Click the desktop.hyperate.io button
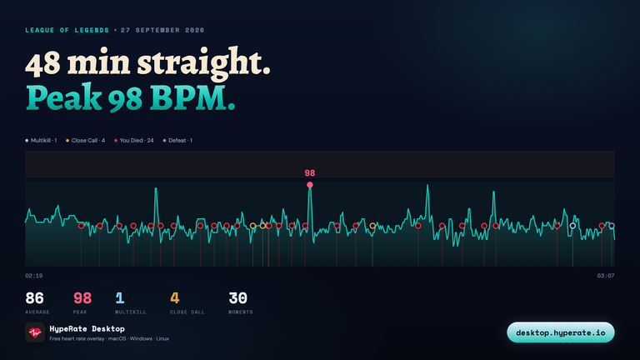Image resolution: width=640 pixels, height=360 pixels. (560, 332)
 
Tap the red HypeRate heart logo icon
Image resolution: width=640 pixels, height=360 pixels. (35, 332)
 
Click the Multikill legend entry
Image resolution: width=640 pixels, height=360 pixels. (41, 140)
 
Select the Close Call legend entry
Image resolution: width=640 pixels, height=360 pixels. (85, 140)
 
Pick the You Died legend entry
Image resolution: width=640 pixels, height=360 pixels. (134, 140)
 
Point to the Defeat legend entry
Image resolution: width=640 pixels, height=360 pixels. (177, 140)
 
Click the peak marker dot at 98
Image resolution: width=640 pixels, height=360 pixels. (310, 185)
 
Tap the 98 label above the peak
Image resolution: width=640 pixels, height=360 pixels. (310, 173)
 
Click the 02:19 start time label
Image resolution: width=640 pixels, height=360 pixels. (34, 276)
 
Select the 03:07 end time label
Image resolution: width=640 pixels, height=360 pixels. (606, 276)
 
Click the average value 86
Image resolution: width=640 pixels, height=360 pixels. (34, 298)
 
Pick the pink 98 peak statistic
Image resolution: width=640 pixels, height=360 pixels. (82, 298)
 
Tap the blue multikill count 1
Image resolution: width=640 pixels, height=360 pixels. (120, 298)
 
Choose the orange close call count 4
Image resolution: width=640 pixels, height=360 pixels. (175, 298)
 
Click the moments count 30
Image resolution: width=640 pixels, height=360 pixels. (238, 298)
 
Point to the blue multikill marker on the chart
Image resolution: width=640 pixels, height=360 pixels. (572, 226)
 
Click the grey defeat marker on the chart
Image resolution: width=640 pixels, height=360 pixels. (612, 226)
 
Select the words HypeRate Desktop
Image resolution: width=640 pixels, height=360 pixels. (87, 328)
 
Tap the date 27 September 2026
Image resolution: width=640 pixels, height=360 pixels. (162, 30)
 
